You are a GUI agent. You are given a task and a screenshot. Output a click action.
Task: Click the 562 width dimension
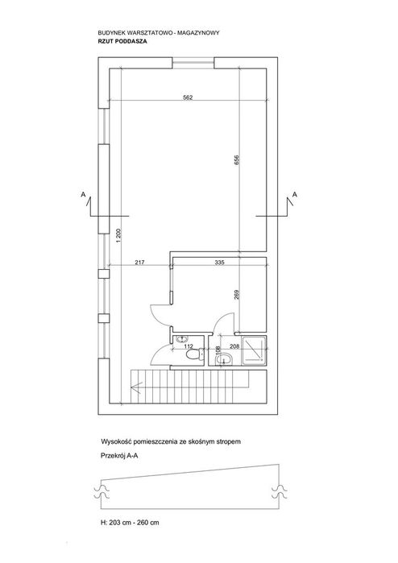click(x=188, y=97)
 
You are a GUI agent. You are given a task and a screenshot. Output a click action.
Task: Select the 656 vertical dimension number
click(x=236, y=159)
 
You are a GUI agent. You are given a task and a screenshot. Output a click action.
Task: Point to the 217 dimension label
click(x=139, y=263)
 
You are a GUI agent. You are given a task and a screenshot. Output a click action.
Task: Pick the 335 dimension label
click(x=219, y=263)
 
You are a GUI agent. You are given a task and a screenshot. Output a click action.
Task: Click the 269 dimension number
click(x=236, y=295)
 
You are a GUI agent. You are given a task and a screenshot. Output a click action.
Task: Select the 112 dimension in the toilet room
click(x=189, y=346)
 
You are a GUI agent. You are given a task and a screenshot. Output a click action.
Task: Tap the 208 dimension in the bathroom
click(x=234, y=346)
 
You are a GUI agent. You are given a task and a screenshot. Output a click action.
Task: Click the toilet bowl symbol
click(x=194, y=355)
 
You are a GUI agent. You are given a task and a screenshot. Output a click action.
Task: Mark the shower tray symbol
click(x=255, y=350)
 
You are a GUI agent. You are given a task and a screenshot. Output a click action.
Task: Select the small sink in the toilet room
click(x=180, y=338)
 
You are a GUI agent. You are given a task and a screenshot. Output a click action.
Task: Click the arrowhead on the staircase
click(x=136, y=387)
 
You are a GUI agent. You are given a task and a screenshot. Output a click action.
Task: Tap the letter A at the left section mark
click(x=83, y=195)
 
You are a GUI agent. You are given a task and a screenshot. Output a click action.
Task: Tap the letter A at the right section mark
click(x=295, y=195)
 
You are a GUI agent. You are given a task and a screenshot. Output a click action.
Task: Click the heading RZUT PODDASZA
click(x=122, y=41)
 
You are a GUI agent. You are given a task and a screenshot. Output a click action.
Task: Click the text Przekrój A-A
click(x=119, y=457)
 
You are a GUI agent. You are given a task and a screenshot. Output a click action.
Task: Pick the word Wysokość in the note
click(x=113, y=441)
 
